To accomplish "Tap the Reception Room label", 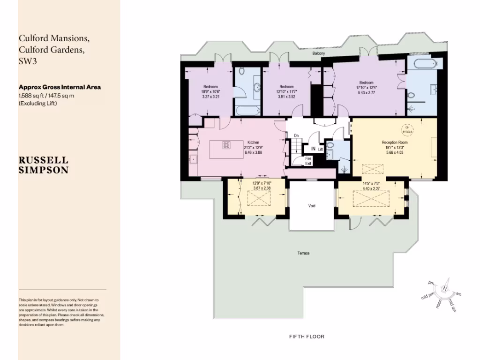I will pyautogui.click(x=395, y=142).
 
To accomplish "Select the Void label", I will pyautogui.click(x=312, y=206).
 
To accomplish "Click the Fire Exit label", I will pyautogui.click(x=308, y=161).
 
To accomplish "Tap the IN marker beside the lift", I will pyautogui.click(x=313, y=149).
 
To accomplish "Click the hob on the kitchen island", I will pyautogui.click(x=225, y=145).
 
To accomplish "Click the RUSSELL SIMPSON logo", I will pyautogui.click(x=43, y=165).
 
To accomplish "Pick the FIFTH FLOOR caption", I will pyautogui.click(x=307, y=337).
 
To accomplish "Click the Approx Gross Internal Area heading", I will pyautogui.click(x=60, y=87).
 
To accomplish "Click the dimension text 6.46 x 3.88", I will pyautogui.click(x=253, y=153).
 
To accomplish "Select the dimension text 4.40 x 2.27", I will pyautogui.click(x=372, y=189).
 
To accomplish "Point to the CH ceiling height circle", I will pyautogui.click(x=407, y=129).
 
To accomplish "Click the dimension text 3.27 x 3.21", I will pyautogui.click(x=210, y=97).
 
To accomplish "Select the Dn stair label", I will pyautogui.click(x=296, y=136).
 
